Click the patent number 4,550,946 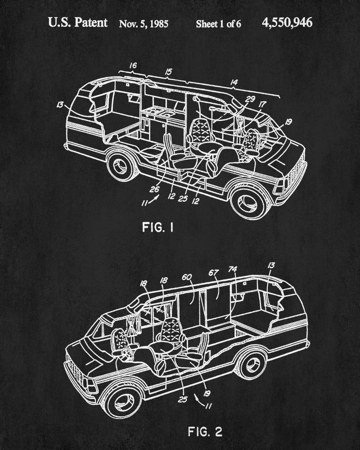point(287,22)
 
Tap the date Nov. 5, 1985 point(144,23)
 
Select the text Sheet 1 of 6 point(218,24)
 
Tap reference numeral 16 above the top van point(133,66)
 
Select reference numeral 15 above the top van point(168,71)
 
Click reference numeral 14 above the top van point(234,82)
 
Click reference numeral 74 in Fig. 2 point(232,270)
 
